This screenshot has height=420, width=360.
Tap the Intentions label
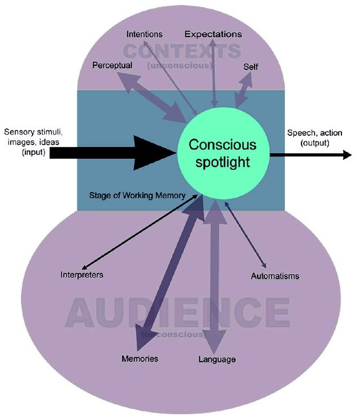coord(144,34)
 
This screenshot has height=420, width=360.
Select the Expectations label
coord(213,34)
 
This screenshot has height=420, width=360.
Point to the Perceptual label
coord(113,65)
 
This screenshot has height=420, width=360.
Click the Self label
coord(251,66)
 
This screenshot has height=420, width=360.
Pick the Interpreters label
coord(82,275)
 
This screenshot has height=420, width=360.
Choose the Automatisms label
coord(274,276)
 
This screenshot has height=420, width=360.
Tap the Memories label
coord(140,359)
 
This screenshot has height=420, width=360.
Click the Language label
coord(217,359)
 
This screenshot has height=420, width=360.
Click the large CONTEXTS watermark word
coord(181,51)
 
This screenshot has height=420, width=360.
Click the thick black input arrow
coord(113,152)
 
